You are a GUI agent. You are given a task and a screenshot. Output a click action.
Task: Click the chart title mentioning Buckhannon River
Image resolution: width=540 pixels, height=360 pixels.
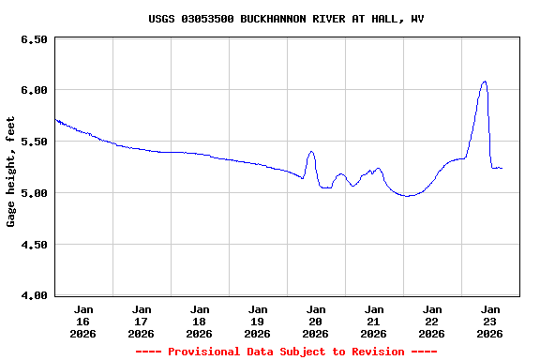(286, 19)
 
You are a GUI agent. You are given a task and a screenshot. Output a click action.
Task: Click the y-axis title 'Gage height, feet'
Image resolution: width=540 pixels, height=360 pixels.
(11, 172)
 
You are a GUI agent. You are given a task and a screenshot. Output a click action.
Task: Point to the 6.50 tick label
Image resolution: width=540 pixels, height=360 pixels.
(33, 39)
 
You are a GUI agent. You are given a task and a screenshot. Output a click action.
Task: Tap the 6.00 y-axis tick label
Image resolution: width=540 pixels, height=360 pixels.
(33, 90)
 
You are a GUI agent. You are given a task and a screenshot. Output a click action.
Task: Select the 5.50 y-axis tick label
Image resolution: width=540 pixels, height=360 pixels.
(33, 142)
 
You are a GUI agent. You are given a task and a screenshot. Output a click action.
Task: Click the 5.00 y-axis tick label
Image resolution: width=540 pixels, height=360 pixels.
(33, 193)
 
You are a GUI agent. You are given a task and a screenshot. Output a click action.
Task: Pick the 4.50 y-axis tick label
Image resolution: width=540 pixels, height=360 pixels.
(33, 245)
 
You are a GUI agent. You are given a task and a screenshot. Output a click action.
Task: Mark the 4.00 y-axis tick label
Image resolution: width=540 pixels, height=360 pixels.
(33, 296)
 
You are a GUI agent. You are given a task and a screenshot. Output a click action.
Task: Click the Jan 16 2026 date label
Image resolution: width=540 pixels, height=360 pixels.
(83, 321)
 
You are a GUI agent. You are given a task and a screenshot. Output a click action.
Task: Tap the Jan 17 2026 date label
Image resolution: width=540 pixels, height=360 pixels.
(142, 321)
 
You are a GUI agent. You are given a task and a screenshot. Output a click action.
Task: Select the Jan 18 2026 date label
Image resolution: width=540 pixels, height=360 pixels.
(200, 321)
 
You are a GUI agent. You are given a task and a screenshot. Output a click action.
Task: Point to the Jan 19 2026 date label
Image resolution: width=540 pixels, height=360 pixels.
(258, 321)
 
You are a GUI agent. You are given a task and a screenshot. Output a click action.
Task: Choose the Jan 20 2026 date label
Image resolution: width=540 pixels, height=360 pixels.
(316, 321)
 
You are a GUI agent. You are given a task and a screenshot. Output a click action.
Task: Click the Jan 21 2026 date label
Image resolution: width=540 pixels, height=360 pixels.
(374, 321)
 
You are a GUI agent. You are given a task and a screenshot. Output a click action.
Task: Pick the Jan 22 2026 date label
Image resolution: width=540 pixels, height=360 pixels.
(432, 321)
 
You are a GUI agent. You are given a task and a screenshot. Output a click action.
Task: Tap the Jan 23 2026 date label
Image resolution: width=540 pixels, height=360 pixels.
(490, 321)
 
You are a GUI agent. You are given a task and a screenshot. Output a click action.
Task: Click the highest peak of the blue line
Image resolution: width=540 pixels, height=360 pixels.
(485, 82)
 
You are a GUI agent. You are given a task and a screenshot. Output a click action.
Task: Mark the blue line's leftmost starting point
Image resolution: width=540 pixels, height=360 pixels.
(55, 119)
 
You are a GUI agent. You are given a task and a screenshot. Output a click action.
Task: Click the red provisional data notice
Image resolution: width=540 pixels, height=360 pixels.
(286, 352)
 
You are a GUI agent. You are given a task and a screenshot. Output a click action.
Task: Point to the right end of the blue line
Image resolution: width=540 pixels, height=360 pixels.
(502, 168)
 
